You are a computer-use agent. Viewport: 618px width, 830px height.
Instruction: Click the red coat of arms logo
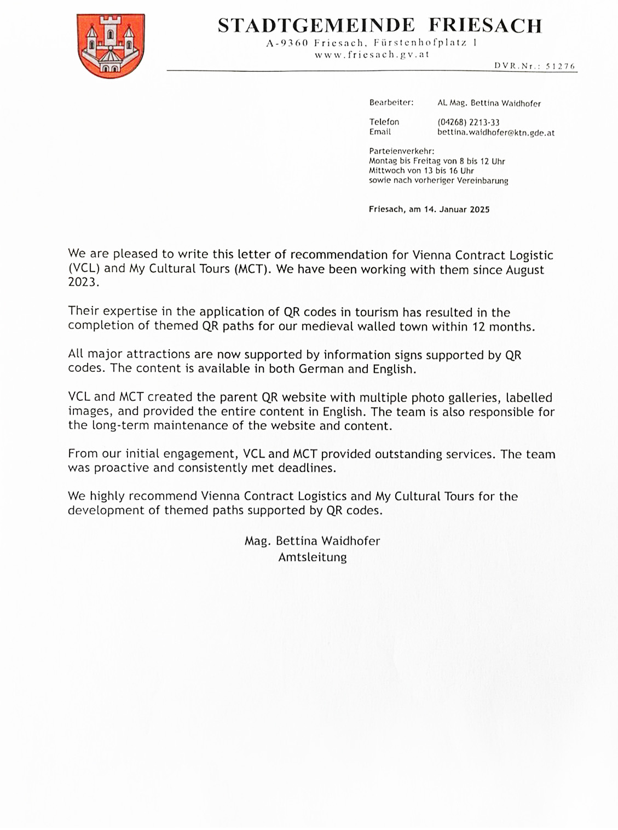[111, 45]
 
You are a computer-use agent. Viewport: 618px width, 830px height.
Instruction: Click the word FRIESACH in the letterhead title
[485, 25]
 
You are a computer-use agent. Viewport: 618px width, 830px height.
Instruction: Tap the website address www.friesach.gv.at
[372, 55]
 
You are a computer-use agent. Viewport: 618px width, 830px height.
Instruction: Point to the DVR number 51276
[561, 66]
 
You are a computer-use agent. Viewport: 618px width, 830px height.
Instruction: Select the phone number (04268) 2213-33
[468, 122]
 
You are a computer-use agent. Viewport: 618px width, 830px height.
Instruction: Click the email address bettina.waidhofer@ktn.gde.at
[495, 132]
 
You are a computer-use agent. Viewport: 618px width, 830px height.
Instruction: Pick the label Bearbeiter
[391, 102]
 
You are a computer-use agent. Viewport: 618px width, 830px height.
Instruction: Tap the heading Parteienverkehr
[401, 151]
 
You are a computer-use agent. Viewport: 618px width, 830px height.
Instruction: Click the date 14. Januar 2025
[457, 209]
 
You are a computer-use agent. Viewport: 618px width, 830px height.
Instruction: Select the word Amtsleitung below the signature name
[312, 557]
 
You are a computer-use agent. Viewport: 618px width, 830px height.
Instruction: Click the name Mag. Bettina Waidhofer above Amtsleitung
[312, 541]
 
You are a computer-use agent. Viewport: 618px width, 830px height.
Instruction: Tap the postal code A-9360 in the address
[288, 43]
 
